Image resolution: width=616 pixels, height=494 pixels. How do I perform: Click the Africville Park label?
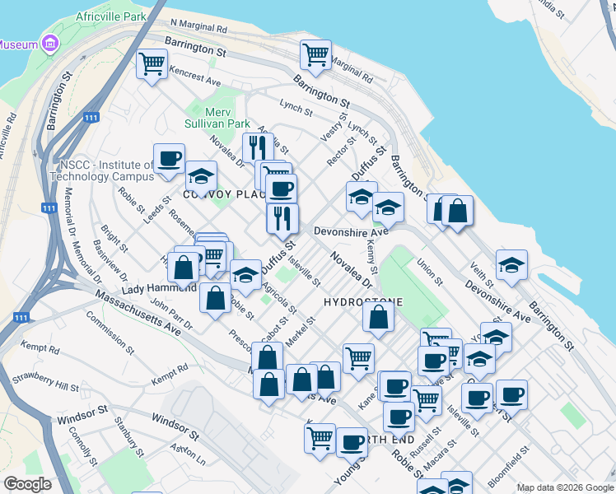coord(110,16)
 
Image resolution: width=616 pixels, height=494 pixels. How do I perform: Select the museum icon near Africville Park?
coord(50,43)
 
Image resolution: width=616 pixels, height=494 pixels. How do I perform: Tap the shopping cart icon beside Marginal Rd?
coord(315,54)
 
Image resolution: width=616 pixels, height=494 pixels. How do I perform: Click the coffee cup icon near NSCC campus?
coord(169,158)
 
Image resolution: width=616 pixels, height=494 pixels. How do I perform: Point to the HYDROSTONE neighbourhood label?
coord(362,302)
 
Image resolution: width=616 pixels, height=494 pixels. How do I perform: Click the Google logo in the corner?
coord(27,483)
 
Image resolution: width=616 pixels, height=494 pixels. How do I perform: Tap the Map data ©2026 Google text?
coord(564,487)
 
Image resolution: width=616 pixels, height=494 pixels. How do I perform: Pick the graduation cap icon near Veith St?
coord(511,265)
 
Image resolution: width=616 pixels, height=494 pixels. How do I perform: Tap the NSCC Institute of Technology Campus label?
coord(102,170)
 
